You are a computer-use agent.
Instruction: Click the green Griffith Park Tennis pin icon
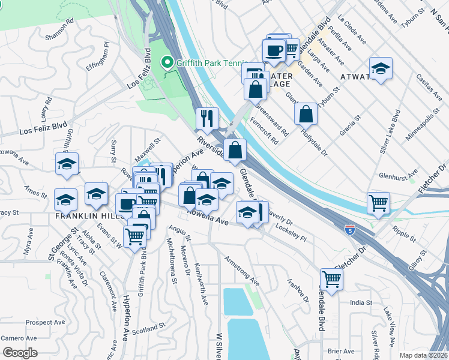point(167,62)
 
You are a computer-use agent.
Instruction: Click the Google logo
point(19,353)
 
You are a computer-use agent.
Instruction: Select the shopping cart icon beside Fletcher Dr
point(378,203)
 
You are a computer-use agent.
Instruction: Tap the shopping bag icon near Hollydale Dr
point(306,114)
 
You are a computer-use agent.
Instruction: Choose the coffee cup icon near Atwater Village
point(274,50)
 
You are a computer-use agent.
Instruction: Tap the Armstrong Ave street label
point(241,271)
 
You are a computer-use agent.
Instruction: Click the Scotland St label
point(148,329)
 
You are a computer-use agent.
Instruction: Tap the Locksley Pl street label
point(291,233)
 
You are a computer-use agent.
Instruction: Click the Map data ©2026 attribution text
point(423,355)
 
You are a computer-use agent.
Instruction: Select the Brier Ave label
point(340,350)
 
